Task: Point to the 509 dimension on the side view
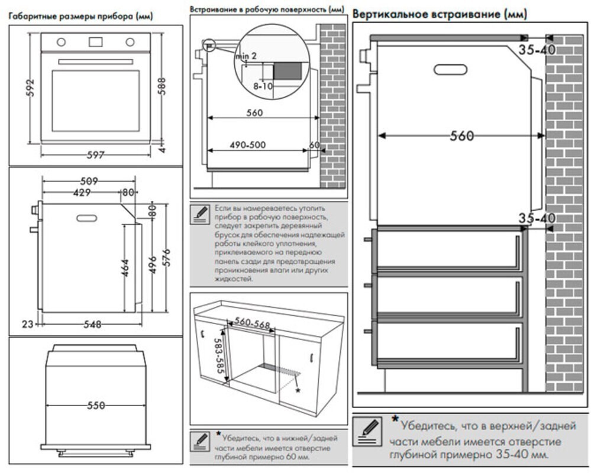coord(89,182)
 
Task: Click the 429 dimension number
coord(82,193)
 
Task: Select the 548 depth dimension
coord(92,324)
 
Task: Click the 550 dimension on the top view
coord(95,406)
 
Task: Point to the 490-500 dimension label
coord(247,145)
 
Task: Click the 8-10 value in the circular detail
coord(263,86)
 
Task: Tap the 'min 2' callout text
coord(246,56)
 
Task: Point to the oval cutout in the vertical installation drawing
coord(450,69)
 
